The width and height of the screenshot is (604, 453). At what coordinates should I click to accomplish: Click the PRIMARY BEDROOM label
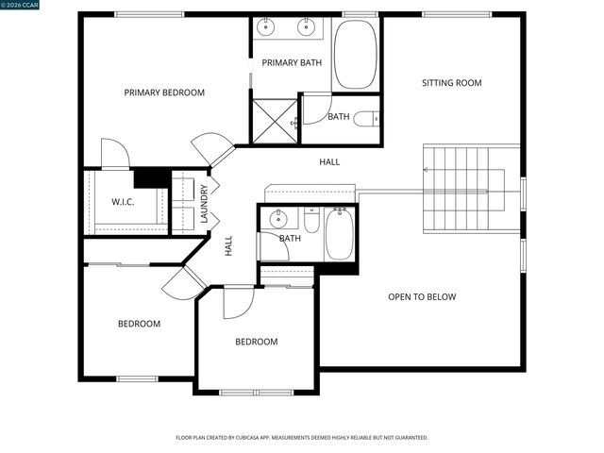point(164,92)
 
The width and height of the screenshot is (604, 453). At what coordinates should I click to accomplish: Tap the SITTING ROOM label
point(451,83)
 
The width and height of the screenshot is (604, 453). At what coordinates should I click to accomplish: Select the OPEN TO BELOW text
point(422,297)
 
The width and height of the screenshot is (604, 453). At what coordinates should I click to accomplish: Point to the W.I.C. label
point(124,202)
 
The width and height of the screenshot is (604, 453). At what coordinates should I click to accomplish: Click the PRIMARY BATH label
point(292,63)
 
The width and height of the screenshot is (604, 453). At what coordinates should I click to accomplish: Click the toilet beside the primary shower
point(373,119)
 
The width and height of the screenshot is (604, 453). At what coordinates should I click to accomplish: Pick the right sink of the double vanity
point(306,26)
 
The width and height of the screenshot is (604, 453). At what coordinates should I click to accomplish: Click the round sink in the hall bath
point(278,220)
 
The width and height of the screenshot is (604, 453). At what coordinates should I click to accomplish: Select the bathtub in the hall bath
point(340,235)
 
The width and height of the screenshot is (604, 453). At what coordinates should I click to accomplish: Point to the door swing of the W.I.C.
point(113,154)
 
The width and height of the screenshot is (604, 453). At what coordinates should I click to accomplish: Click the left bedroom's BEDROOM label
point(139,324)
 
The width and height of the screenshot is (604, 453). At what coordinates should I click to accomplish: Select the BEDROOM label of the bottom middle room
point(256,342)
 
